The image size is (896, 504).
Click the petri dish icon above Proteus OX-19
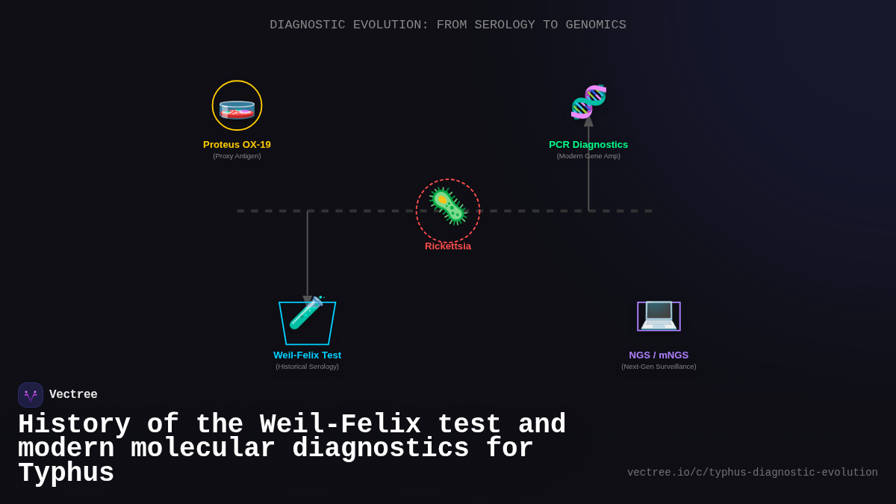[x=237, y=109]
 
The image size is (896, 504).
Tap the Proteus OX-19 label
[x=237, y=145]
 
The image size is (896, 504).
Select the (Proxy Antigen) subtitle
[x=237, y=156]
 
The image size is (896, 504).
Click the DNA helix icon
[x=588, y=102]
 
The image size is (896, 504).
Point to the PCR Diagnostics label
[x=588, y=145]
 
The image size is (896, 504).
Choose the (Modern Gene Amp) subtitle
[x=588, y=156]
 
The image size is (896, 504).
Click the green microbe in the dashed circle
[x=448, y=207]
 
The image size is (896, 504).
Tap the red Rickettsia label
[x=448, y=246]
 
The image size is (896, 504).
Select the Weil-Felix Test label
[x=307, y=355]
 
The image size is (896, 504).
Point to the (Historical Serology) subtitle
[x=307, y=367]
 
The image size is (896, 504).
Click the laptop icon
[x=659, y=314]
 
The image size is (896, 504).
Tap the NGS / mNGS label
[x=659, y=355]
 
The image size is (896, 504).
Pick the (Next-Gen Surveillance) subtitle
[x=659, y=367]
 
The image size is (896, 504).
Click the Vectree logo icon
[x=31, y=395]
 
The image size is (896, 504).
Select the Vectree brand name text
[x=73, y=395]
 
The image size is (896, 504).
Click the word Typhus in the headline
[x=66, y=473]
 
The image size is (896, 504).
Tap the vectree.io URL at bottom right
[x=752, y=473]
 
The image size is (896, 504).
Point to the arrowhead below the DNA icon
[x=588, y=121]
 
